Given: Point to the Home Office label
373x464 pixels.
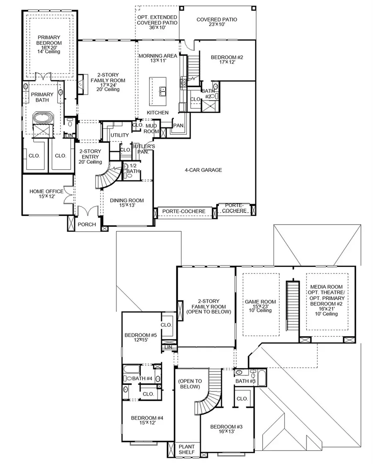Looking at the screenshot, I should (x=46, y=194).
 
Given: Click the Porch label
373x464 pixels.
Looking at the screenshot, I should (x=87, y=224).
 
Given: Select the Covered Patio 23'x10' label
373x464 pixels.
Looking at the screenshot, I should (x=213, y=22).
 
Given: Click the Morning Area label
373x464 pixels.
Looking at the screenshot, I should (x=157, y=58).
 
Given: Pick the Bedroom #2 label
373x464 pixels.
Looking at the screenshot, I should (x=227, y=60).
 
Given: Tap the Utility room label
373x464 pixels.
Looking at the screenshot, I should (x=119, y=135).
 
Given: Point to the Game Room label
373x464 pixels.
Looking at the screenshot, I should (x=260, y=305).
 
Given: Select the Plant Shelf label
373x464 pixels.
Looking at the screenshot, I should (x=186, y=449).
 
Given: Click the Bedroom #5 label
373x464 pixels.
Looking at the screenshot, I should (x=140, y=338).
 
